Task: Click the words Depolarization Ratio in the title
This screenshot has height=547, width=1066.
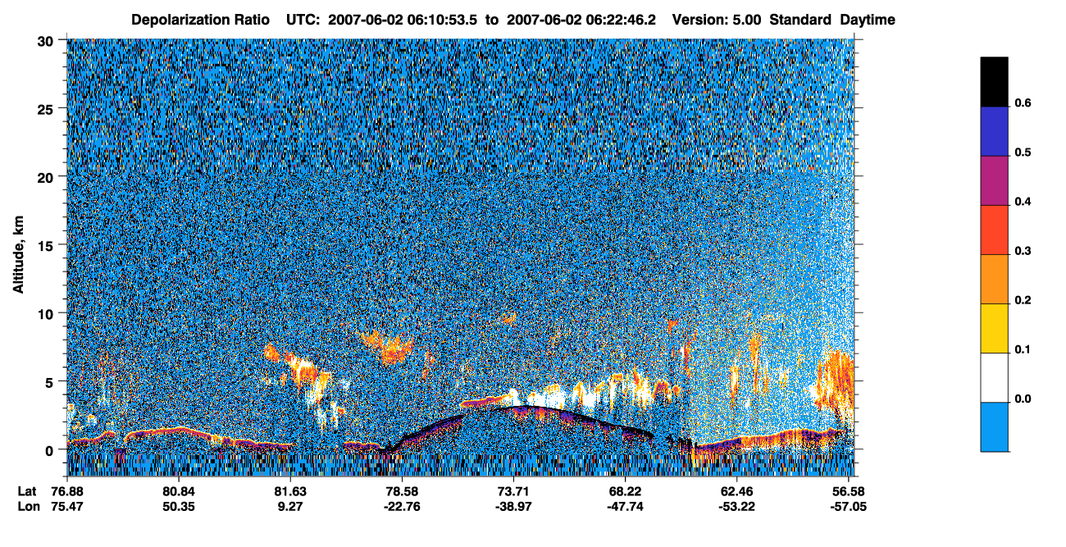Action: click(200, 20)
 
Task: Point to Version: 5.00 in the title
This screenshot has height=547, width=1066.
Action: click(716, 20)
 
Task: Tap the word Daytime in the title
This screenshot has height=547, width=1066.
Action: click(868, 20)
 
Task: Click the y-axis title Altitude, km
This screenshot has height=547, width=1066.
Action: click(18, 254)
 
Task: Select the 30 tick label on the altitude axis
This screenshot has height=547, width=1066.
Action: click(45, 42)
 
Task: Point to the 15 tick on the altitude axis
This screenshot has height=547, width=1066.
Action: click(45, 244)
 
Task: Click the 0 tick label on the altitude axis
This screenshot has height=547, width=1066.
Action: click(49, 450)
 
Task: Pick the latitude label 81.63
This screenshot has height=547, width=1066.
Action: click(290, 491)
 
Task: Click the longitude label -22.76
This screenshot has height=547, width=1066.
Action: click(402, 507)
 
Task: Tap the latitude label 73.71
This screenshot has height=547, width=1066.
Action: click(513, 491)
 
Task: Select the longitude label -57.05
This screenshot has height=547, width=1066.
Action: click(849, 507)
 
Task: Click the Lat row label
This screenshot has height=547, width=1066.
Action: click(27, 491)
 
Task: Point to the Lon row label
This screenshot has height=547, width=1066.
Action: click(29, 507)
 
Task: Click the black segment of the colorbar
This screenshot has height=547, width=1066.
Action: click(994, 82)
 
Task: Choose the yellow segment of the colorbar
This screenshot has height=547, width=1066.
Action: click(994, 329)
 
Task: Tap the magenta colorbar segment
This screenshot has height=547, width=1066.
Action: click(994, 180)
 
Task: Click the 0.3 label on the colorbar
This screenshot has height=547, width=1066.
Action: click(1023, 251)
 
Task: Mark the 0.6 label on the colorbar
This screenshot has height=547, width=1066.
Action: click(1023, 103)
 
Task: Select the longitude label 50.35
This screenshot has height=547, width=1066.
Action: click(179, 507)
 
